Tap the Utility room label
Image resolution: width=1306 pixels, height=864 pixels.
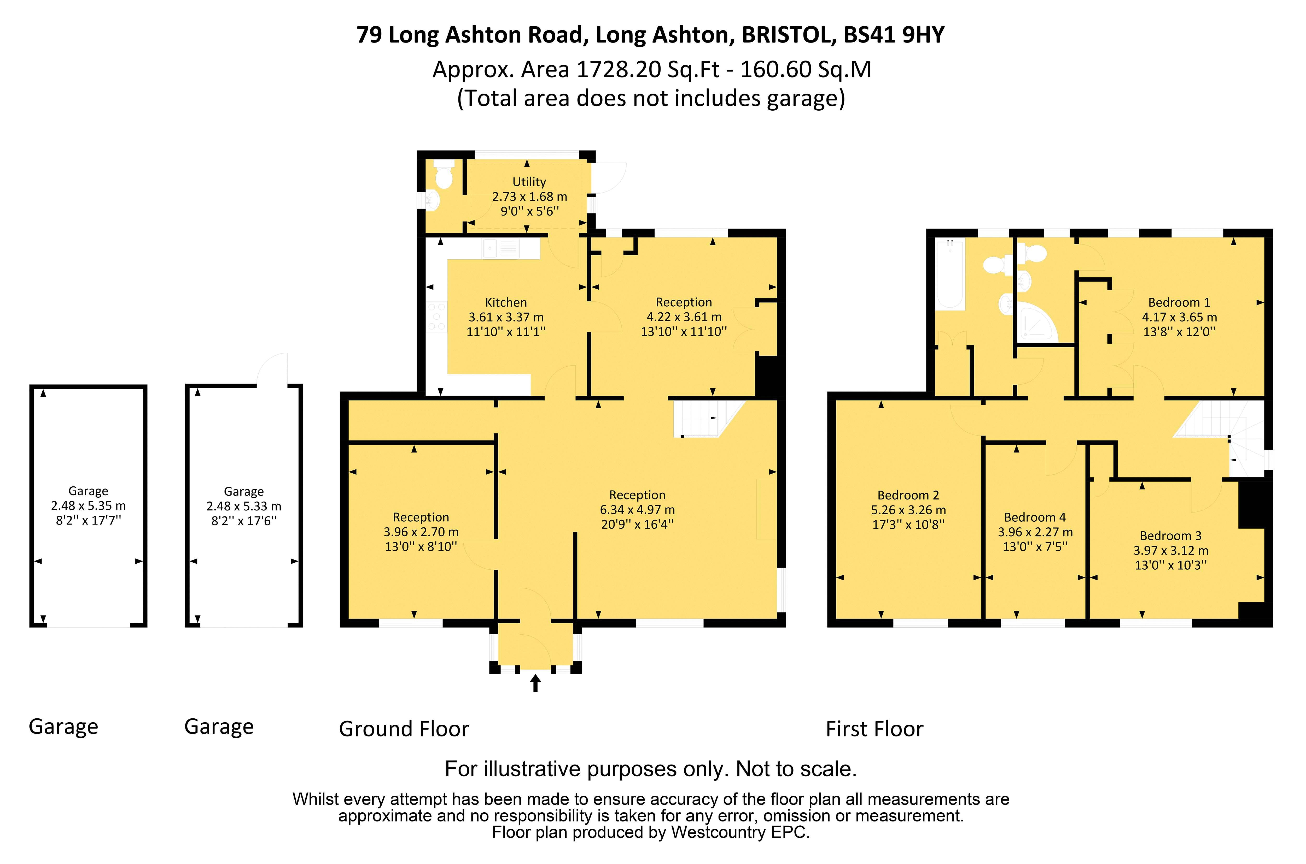click(x=529, y=182)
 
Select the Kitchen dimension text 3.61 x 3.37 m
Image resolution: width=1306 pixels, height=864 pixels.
click(x=506, y=317)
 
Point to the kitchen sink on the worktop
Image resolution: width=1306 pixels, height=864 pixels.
click(x=501, y=248)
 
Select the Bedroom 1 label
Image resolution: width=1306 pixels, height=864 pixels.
click(x=1179, y=302)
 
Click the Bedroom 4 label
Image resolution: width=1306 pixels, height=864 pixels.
click(x=1035, y=517)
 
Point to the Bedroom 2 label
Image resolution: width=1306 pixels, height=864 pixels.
click(x=908, y=495)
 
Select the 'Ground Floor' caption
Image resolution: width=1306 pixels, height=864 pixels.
click(x=404, y=729)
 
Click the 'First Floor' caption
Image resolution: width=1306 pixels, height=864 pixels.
click(x=874, y=729)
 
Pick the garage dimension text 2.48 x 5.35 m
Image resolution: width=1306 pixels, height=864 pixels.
click(x=88, y=506)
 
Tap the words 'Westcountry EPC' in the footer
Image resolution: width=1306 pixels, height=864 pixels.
click(x=739, y=832)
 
